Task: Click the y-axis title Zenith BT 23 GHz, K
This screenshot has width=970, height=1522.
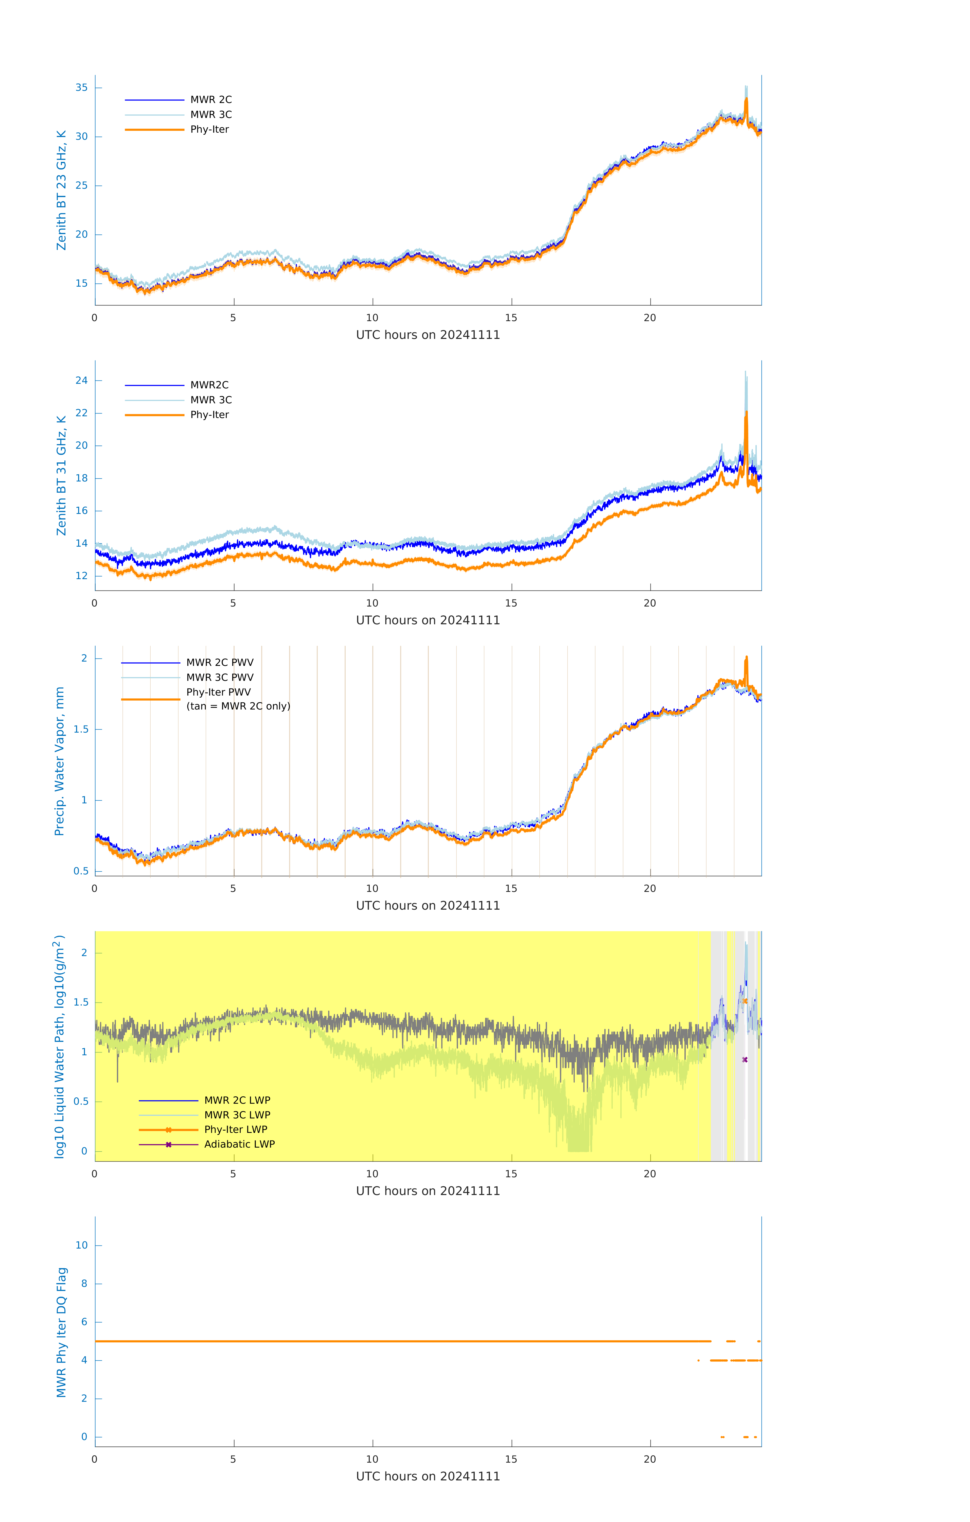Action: [61, 190]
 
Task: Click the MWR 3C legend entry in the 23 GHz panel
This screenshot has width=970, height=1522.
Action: [210, 114]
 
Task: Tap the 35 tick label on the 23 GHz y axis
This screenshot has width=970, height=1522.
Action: [81, 87]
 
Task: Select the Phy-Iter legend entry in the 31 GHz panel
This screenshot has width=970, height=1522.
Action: [209, 415]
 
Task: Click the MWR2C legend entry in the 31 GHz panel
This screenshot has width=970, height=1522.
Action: [209, 385]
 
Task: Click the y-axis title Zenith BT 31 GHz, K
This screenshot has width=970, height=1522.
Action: [61, 475]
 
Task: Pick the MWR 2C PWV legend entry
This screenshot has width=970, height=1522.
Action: [219, 662]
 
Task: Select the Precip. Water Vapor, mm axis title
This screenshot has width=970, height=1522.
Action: [59, 761]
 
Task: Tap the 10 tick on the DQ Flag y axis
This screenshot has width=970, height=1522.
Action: [81, 1245]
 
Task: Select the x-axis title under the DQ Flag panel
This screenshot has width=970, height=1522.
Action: [428, 1477]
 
